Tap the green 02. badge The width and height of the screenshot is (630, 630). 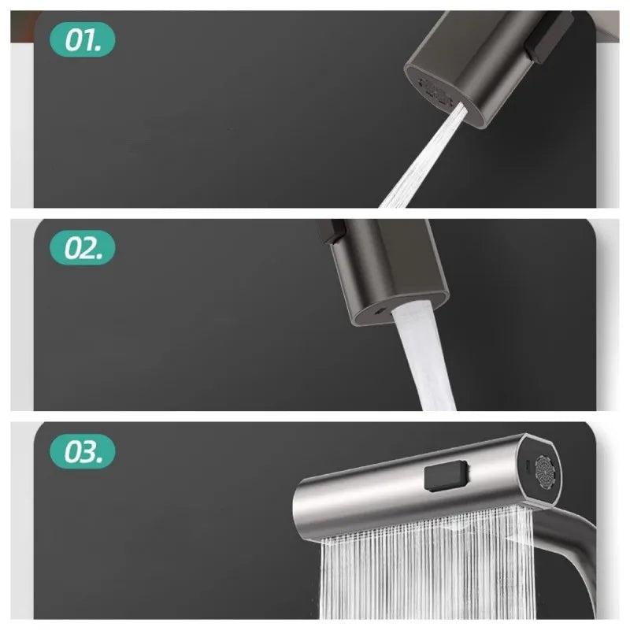pyautogui.click(x=82, y=249)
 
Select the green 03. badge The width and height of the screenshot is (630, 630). pyautogui.click(x=82, y=452)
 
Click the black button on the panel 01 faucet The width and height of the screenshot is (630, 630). pyautogui.click(x=550, y=36)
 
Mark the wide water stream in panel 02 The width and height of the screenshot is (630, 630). pyautogui.click(x=425, y=354)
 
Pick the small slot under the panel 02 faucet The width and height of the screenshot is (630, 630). pyautogui.click(x=380, y=313)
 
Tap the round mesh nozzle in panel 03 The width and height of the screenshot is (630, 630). pyautogui.click(x=545, y=470)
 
